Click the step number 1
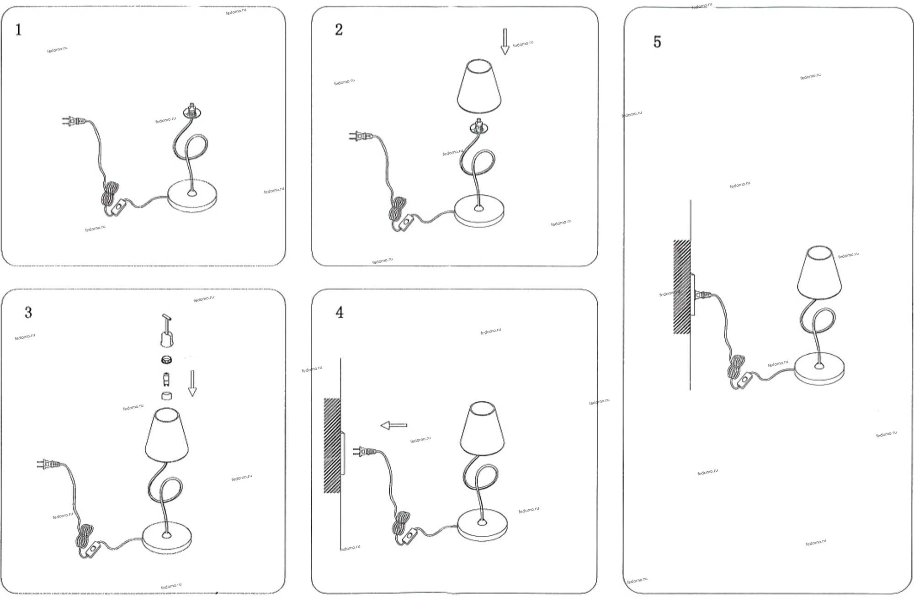point(18,30)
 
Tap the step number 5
point(657,42)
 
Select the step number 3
point(28,313)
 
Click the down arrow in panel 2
point(505,42)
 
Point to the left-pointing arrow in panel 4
point(394,425)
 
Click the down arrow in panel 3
point(192,383)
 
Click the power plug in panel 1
point(73,121)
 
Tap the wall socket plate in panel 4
point(343,453)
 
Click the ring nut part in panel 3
point(166,360)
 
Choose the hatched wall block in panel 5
point(682,287)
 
